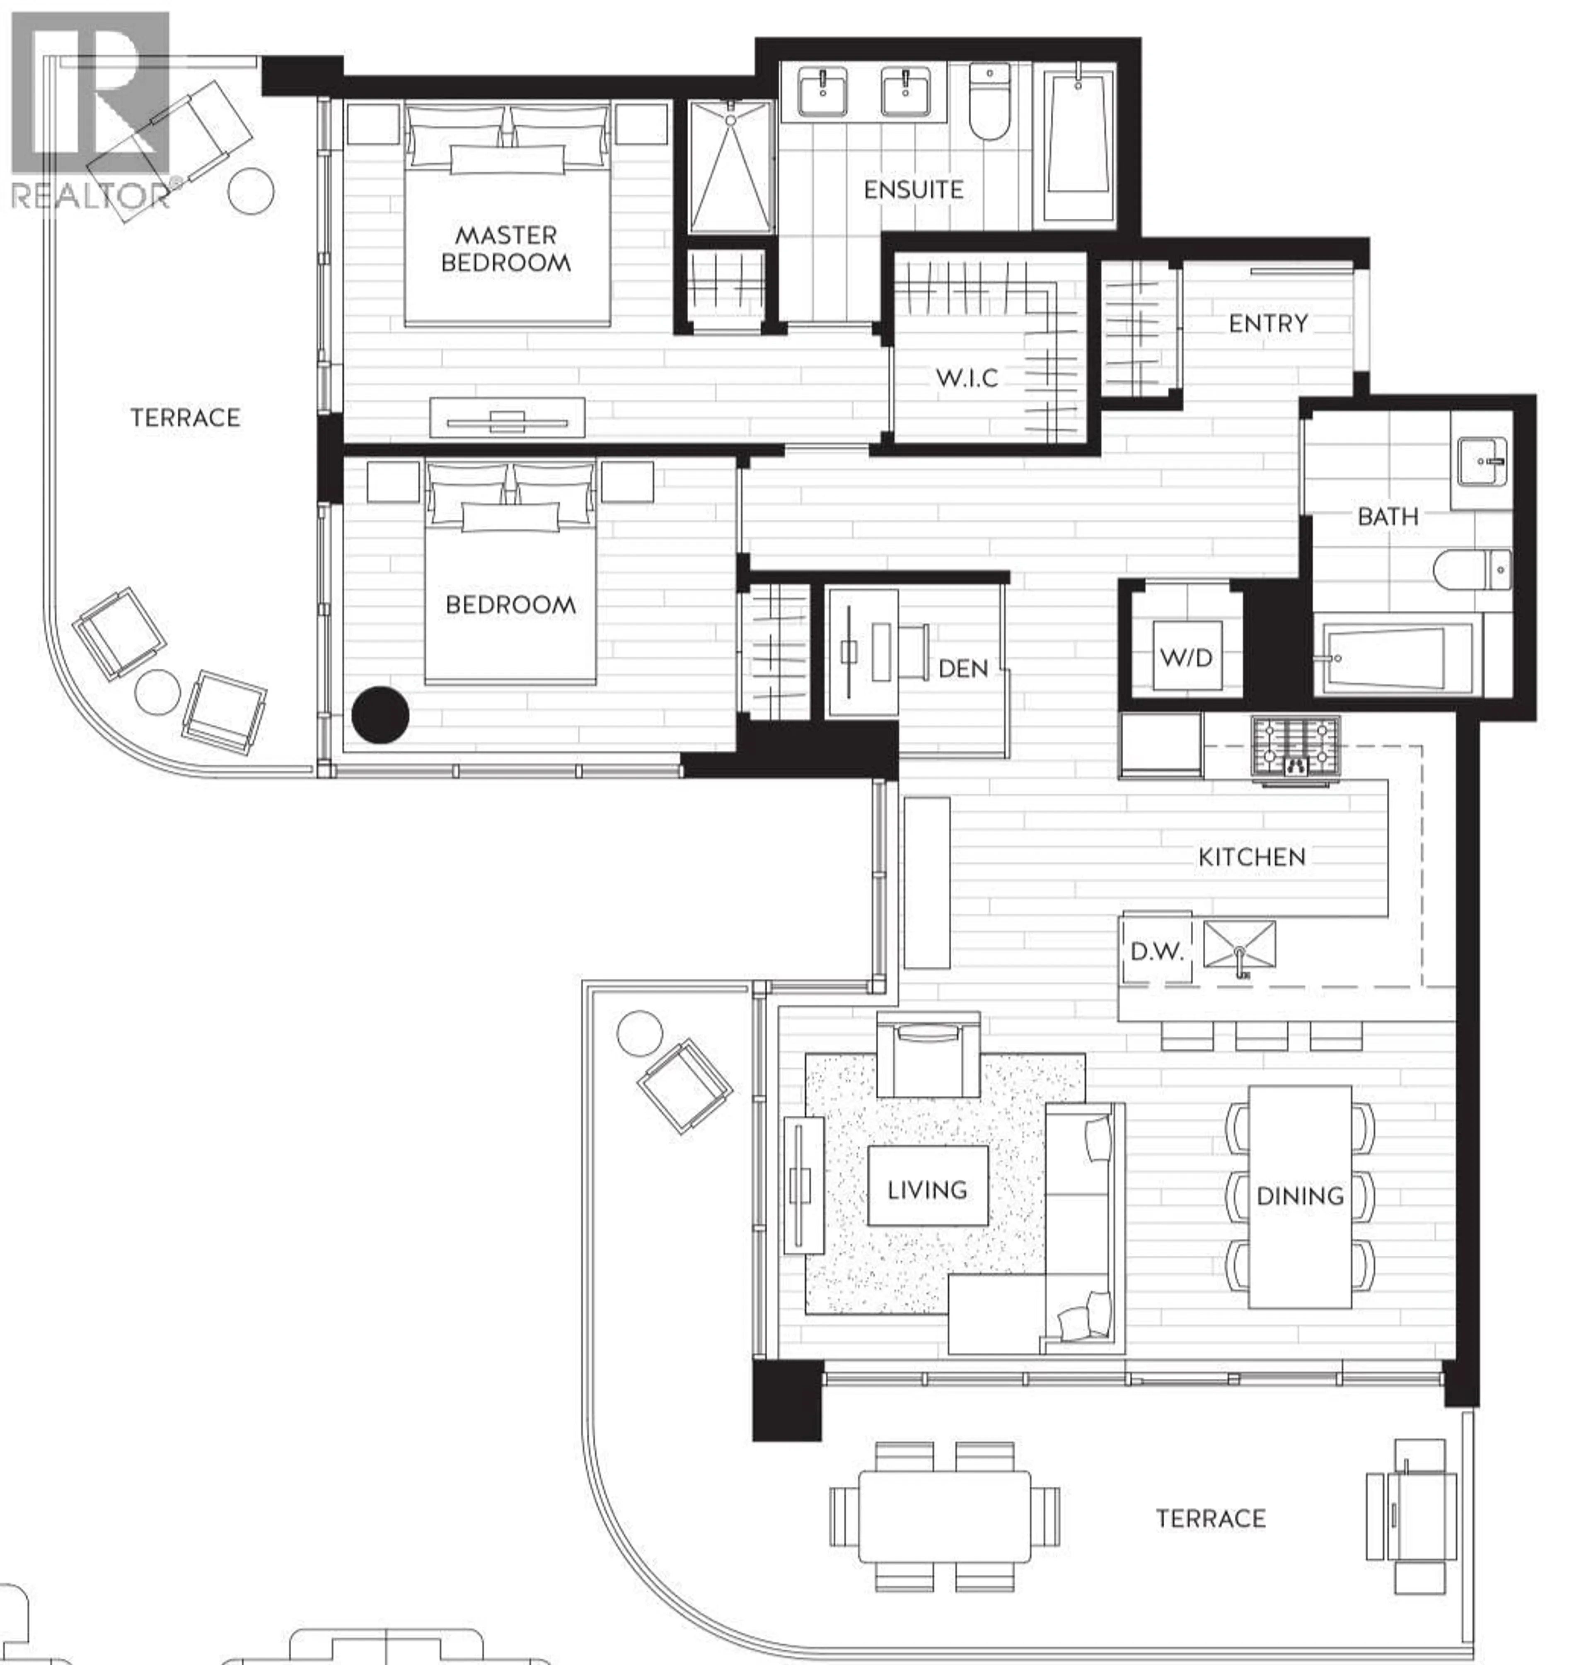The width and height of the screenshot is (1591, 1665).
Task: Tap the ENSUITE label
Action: click(x=914, y=190)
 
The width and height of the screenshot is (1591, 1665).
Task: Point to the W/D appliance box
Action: click(x=1186, y=657)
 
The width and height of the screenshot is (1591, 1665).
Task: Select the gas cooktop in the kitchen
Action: click(x=1295, y=745)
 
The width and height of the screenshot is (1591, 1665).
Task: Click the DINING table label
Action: click(x=1300, y=1196)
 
